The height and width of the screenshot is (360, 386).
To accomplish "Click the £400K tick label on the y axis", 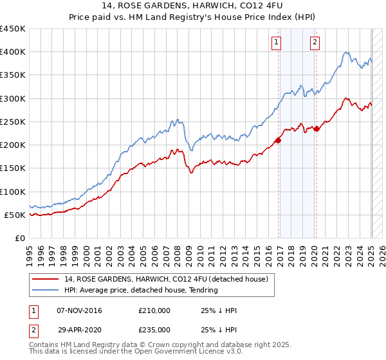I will [x=12, y=52].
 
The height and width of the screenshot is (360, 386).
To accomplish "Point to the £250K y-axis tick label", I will [x=12, y=122].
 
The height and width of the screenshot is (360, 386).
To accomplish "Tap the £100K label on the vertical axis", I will [x=12, y=192].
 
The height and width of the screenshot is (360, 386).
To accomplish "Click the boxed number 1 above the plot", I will [x=276, y=43].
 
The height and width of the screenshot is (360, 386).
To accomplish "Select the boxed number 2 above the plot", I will [x=315, y=43].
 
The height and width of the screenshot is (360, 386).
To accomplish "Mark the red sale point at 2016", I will [x=278, y=140].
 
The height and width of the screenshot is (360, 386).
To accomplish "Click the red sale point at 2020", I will [x=317, y=129].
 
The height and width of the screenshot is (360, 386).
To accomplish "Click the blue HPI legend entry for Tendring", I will [x=141, y=290].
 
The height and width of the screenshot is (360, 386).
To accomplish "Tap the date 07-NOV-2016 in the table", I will [x=80, y=310].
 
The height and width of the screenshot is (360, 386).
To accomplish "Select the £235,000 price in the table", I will [x=154, y=329].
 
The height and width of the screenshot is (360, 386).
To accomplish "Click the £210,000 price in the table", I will [x=154, y=310].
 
